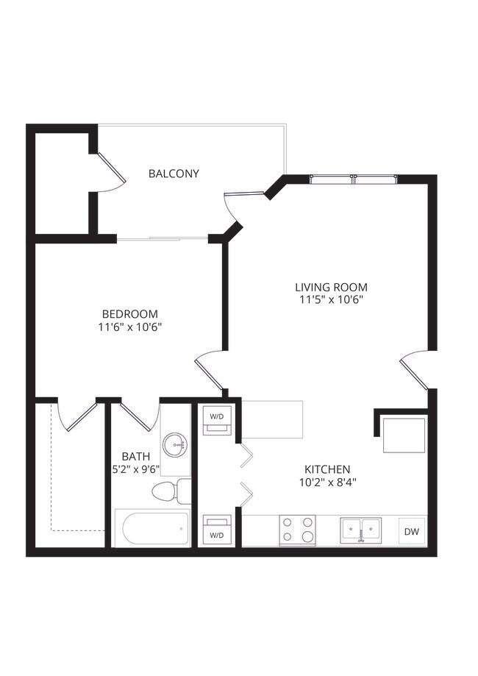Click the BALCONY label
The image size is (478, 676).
pos(174,174)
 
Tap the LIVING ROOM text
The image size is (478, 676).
pos(330,287)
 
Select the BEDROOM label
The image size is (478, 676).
pos(129,314)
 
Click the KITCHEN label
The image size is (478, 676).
pos(327,469)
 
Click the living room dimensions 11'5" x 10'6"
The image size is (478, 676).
pos(330,299)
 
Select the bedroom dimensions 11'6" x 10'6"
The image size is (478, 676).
pos(129,327)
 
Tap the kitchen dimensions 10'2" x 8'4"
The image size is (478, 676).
pos(327,483)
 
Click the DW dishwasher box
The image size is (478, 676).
pos(411,531)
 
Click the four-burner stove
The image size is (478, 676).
pos(297,530)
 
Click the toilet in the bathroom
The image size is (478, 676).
pos(168,491)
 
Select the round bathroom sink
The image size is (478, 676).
pos(176,444)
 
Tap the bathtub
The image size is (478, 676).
pos(152,529)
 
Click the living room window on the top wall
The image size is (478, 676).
pos(354,179)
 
